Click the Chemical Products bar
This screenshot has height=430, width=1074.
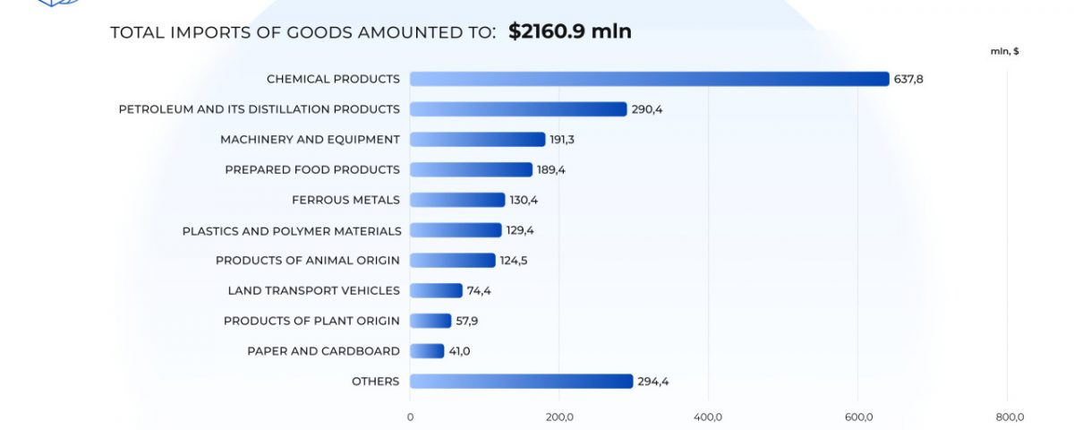click(649, 79)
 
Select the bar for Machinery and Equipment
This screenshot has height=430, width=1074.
click(477, 140)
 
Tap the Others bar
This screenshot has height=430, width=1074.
click(521, 382)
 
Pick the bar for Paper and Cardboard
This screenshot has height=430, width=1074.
click(427, 351)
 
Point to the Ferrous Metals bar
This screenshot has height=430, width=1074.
click(457, 200)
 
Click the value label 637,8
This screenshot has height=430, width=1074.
click(908, 79)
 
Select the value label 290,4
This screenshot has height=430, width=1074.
click(647, 109)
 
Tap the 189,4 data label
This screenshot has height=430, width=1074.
click(552, 169)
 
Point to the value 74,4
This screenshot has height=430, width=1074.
click(479, 290)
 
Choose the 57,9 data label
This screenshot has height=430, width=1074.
click(468, 321)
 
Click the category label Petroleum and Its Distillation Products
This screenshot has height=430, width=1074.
click(260, 109)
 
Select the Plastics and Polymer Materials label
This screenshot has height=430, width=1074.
click(292, 230)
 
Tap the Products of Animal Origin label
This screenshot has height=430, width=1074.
click(308, 261)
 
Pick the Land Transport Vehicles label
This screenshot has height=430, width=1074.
click(314, 290)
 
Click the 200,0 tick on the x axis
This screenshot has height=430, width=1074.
click(559, 417)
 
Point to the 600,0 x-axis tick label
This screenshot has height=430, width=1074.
click(858, 417)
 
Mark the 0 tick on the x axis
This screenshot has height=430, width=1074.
click(410, 417)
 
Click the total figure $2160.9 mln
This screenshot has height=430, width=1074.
click(570, 31)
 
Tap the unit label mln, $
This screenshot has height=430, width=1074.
click(1004, 51)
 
